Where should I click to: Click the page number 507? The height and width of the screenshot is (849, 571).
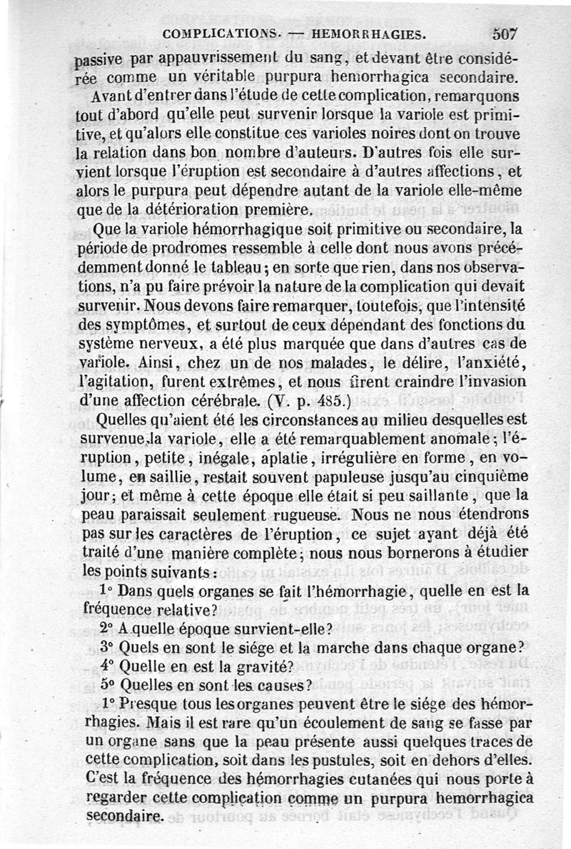505,33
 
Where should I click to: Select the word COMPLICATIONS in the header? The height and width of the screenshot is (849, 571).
223,34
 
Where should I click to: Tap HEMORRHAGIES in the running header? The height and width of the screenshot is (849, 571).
370,34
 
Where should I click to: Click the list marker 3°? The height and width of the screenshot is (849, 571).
108,647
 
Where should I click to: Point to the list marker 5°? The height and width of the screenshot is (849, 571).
108,686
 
